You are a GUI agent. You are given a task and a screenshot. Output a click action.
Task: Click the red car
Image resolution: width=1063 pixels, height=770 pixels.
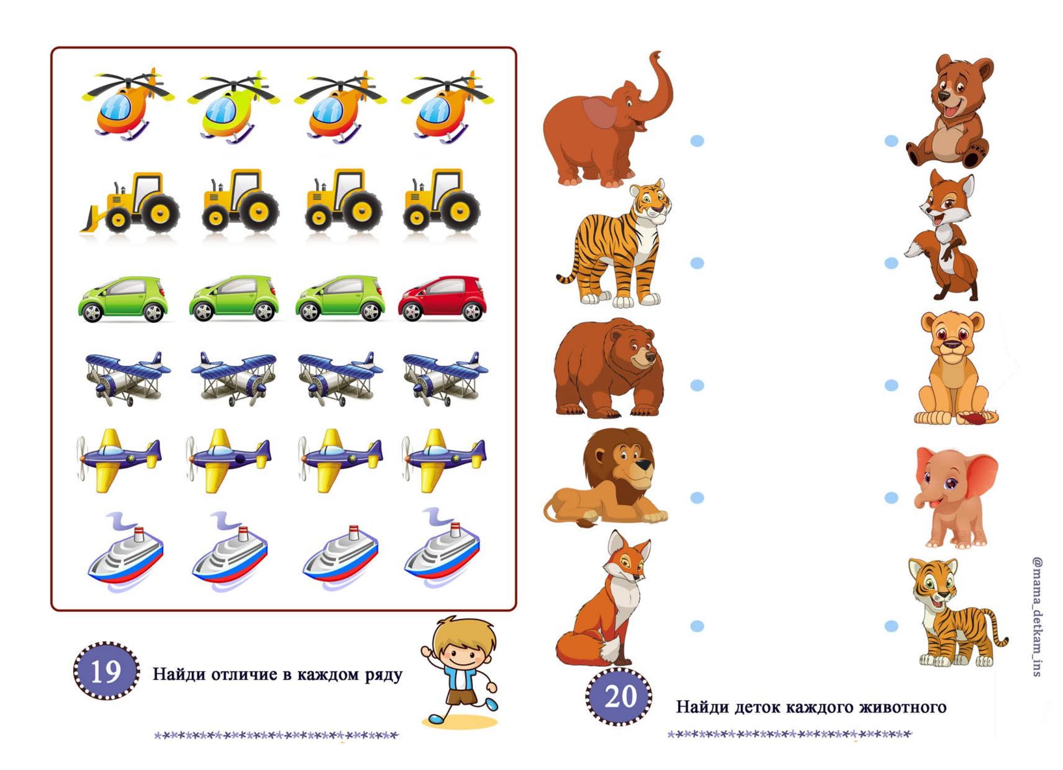point(442,298)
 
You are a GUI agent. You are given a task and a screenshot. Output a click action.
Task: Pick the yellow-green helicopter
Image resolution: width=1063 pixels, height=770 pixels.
point(233,107)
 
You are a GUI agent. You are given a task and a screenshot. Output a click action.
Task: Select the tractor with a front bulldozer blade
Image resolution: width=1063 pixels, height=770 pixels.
point(129,203)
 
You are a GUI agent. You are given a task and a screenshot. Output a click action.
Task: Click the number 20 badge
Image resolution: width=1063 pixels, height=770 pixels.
point(619,697)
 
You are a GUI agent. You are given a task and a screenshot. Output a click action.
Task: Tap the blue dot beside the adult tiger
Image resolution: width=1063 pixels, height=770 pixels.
point(697,263)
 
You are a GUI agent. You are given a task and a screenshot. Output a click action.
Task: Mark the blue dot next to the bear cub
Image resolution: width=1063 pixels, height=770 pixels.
point(891,141)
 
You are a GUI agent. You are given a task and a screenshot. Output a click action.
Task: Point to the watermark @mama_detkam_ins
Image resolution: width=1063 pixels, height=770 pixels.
point(1038,616)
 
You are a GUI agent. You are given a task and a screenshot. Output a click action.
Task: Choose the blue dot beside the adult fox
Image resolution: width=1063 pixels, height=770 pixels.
point(697,626)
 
